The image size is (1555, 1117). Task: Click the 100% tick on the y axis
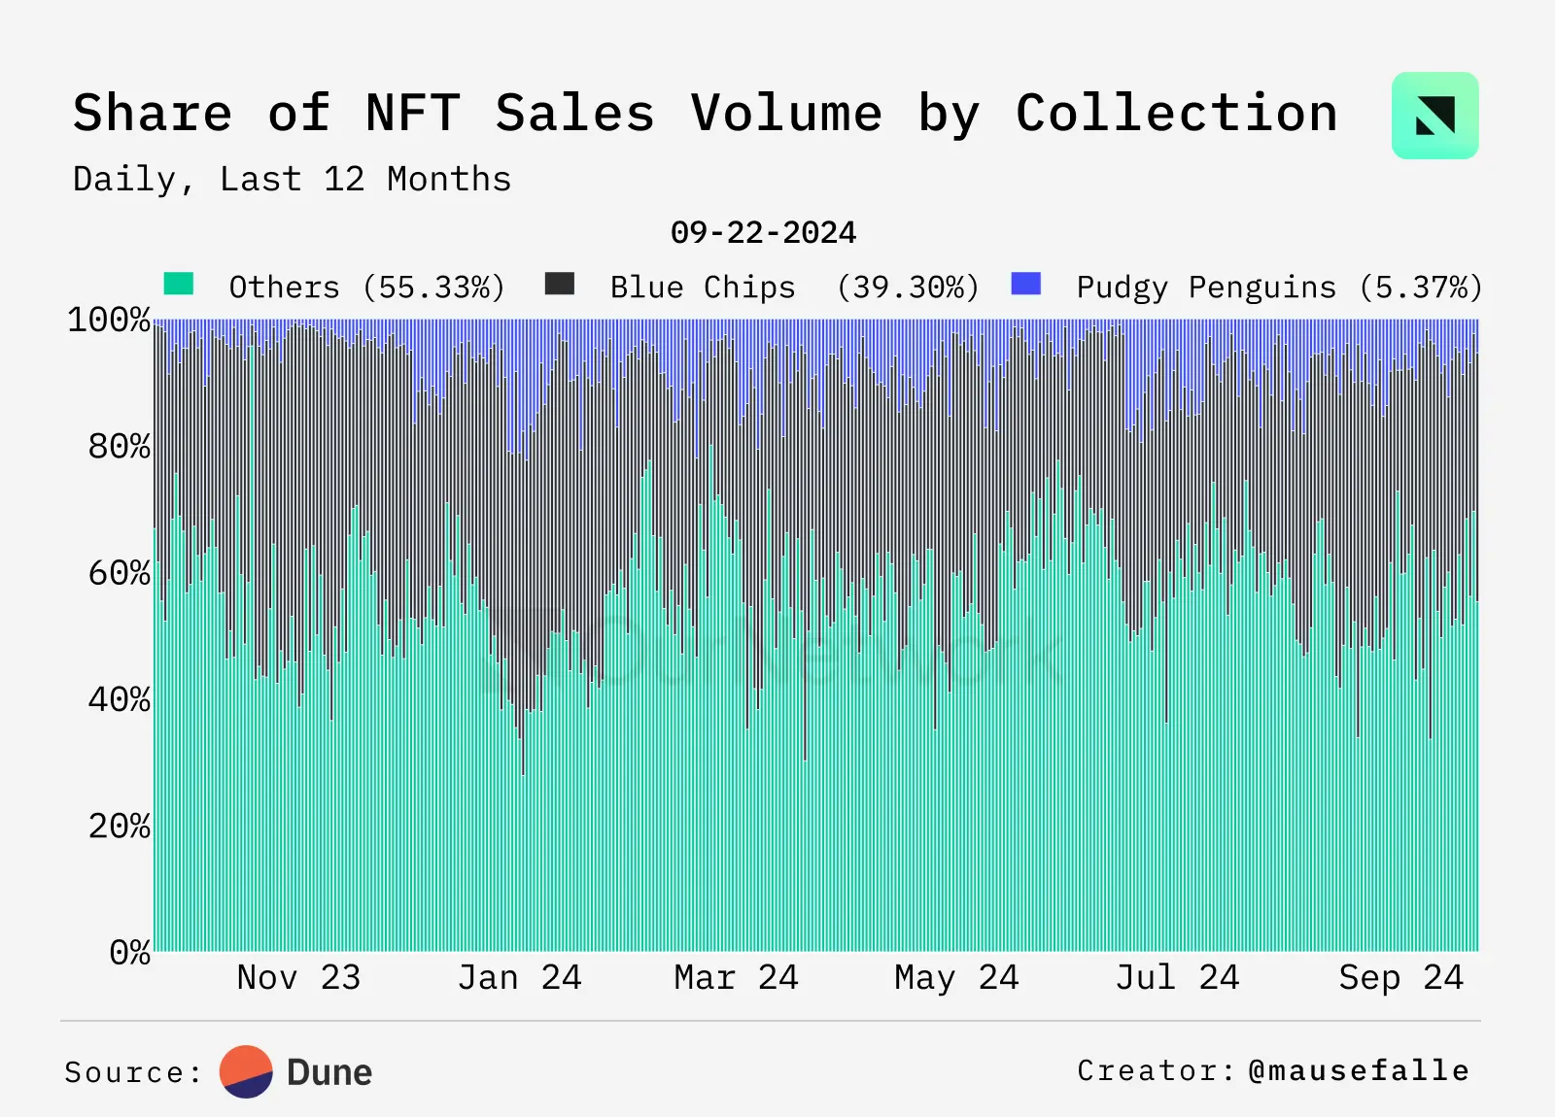pos(109,320)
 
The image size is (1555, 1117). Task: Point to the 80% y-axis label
pos(119,447)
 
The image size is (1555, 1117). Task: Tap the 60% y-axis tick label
pos(119,573)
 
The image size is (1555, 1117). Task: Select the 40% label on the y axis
pos(119,699)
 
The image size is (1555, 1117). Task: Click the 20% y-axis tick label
pos(119,827)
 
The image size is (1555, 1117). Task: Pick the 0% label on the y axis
pos(129,952)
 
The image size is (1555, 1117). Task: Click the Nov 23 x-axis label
pos(298,977)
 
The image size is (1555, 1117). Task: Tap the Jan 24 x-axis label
pos(519,977)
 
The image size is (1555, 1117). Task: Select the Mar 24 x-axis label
pos(736,977)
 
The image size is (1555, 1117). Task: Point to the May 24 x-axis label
pos(956,977)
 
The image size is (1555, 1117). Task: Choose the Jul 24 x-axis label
pos(1177,977)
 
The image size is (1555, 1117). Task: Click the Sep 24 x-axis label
pos(1400,977)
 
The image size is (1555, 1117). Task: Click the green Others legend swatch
pos(179,284)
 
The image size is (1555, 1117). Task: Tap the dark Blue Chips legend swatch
pos(560,284)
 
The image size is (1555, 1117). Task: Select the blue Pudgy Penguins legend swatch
pos(1026,284)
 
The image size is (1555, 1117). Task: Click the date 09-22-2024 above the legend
pos(763,233)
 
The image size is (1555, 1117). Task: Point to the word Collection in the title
pos(1176,114)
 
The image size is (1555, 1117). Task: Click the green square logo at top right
pos(1434,116)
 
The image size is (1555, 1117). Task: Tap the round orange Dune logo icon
pos(246,1071)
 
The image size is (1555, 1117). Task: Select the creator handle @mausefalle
pos(1359,1070)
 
